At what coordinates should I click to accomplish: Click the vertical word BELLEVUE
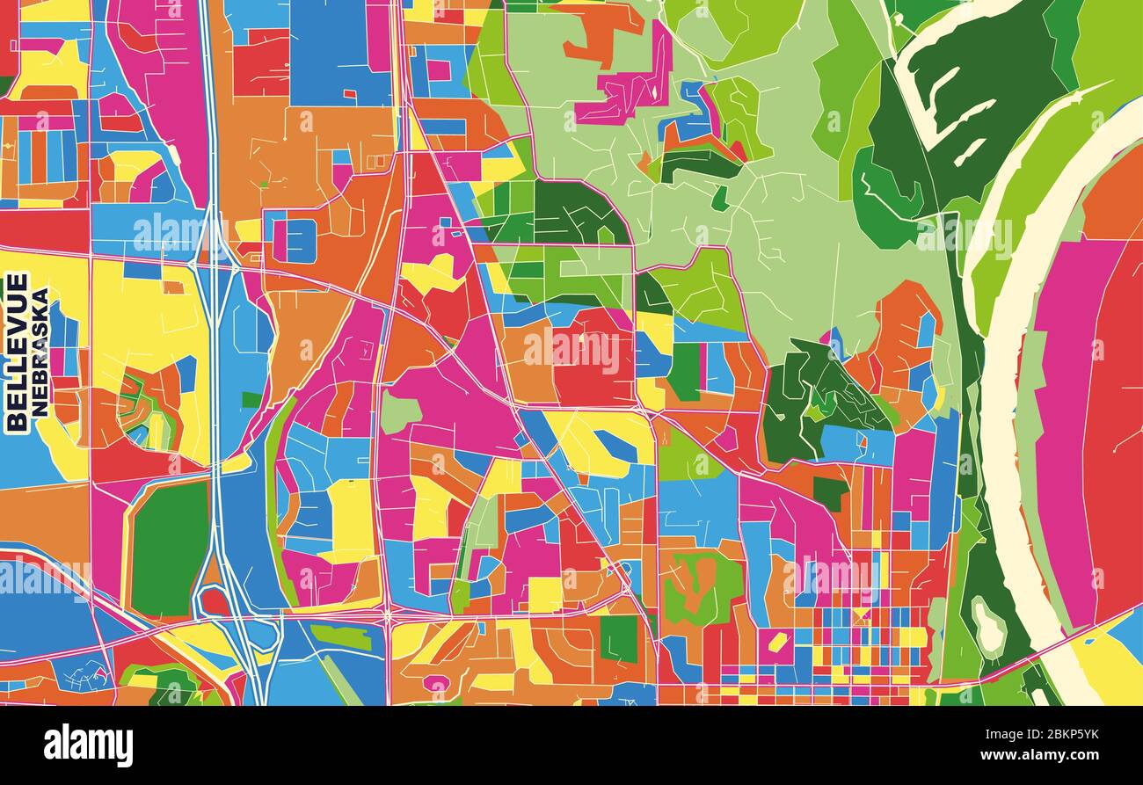16,352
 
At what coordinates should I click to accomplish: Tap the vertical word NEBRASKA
40,352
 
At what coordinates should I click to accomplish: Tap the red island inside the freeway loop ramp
213,602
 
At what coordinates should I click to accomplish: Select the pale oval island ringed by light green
988,626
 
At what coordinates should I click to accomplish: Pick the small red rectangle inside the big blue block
349,93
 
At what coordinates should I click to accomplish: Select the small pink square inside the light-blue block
437,70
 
